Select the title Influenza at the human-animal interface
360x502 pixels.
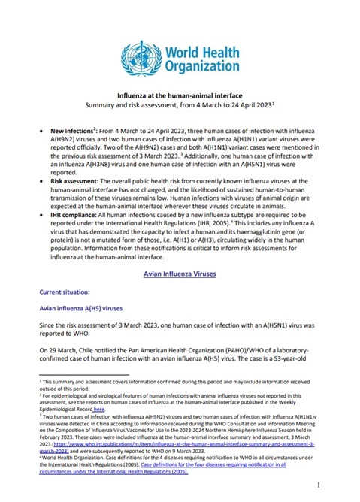click(180, 97)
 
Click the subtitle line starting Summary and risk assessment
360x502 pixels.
click(180, 107)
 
